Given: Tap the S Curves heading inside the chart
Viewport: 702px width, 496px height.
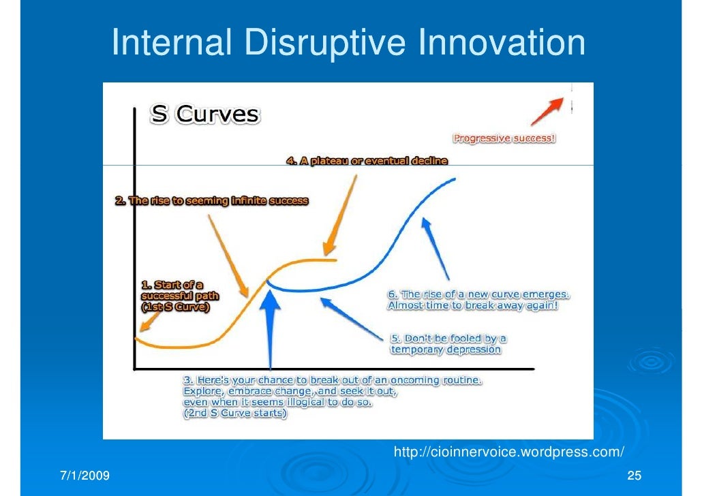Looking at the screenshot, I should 204,114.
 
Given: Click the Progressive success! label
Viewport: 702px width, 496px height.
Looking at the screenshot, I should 504,138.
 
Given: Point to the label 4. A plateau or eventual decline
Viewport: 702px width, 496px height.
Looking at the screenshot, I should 366,161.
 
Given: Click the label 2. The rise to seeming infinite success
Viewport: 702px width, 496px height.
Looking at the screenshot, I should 211,201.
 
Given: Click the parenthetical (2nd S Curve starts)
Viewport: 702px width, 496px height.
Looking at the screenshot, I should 235,414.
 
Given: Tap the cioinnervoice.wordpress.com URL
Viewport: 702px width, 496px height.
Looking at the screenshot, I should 509,452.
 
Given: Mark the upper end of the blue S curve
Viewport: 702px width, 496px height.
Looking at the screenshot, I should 455,179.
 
